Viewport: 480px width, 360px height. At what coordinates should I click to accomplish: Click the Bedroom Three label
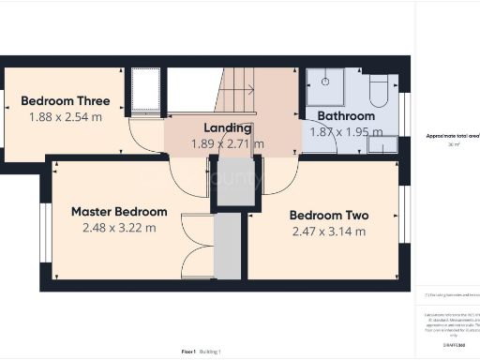tap(65, 101)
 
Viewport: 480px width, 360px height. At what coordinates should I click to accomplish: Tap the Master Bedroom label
tap(119, 212)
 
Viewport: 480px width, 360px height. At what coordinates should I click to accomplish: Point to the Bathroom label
tap(345, 116)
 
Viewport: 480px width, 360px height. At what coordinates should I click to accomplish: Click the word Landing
tap(228, 128)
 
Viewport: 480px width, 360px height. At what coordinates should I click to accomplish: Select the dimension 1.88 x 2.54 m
tap(65, 117)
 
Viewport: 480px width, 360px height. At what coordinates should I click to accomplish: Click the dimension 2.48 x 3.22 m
tap(119, 228)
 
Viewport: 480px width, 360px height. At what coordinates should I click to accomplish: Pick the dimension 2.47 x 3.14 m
tap(327, 231)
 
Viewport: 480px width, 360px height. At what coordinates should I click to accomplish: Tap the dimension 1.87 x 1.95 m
tap(342, 132)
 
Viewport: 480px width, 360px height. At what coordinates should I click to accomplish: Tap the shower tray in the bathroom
tap(324, 87)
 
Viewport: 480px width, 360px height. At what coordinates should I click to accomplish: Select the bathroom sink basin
tap(383, 144)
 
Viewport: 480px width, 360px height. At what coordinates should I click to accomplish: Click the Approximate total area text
tap(453, 137)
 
